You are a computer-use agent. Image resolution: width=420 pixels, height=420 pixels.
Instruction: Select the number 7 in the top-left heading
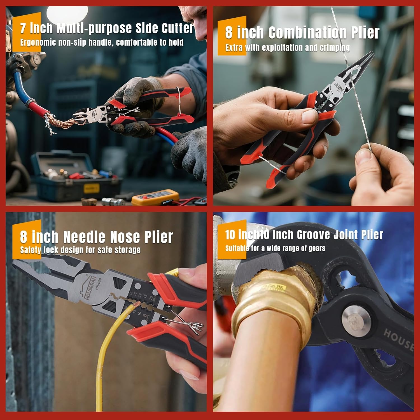[x=23, y=29]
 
